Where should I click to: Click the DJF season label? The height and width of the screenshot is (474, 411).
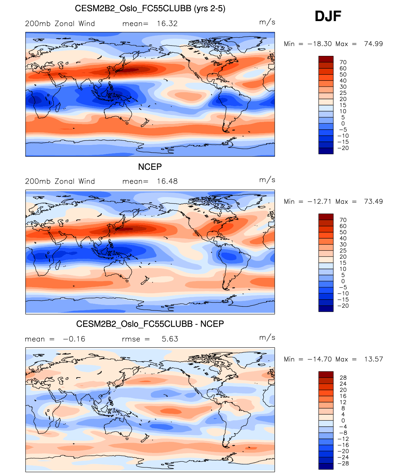(328, 16)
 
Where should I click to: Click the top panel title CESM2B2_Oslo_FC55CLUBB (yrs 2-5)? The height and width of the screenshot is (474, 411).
(150, 8)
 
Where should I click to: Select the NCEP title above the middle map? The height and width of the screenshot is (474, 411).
(150, 167)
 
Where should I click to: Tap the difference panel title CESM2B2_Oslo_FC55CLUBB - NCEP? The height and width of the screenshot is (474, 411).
(150, 324)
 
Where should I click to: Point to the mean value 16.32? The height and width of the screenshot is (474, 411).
(167, 24)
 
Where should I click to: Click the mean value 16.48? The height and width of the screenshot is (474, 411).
(167, 181)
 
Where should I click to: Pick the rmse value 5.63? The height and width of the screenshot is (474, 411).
(170, 339)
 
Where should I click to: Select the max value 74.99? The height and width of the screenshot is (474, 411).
(373, 44)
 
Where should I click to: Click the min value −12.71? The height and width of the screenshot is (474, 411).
(320, 202)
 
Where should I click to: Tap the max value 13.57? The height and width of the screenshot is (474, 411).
(373, 359)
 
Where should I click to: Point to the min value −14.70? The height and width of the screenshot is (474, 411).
(320, 359)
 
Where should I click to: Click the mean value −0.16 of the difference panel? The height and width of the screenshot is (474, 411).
(74, 339)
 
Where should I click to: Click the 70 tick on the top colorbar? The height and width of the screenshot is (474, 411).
(343, 62)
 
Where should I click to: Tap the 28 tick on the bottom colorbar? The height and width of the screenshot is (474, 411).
(343, 378)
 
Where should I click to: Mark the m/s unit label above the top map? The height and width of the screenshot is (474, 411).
(267, 22)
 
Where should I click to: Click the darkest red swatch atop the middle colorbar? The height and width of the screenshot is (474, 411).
(326, 217)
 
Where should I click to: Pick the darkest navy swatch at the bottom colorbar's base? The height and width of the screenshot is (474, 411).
(326, 466)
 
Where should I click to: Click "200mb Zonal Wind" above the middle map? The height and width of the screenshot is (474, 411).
(60, 181)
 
